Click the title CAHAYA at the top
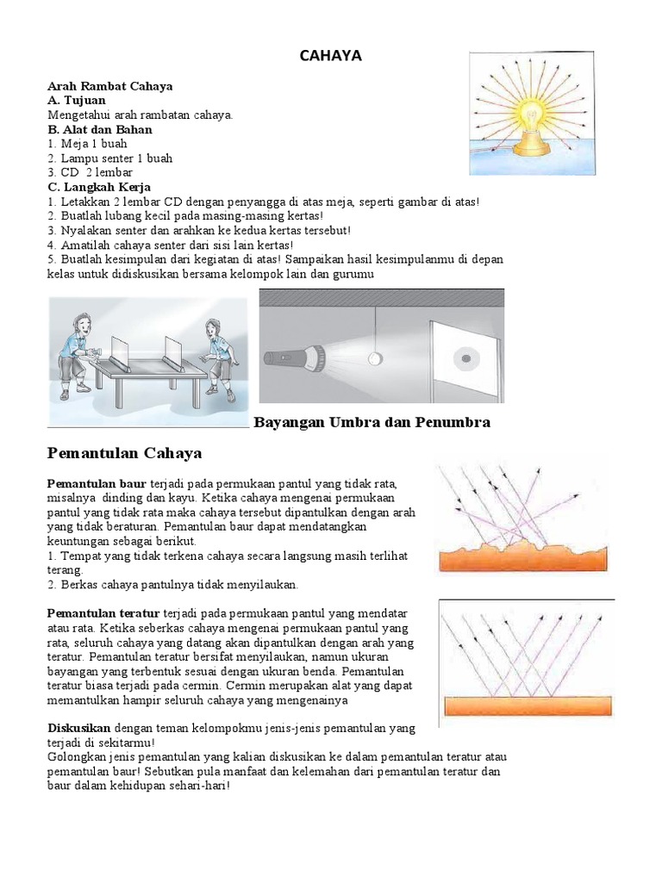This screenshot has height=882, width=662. coord(330,56)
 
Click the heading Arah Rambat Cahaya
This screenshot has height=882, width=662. coord(109,86)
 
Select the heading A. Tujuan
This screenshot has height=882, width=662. coord(77,101)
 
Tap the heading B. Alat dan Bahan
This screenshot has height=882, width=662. coord(100,129)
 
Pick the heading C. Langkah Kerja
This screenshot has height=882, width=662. coord(99,187)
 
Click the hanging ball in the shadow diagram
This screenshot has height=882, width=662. coord(374,357)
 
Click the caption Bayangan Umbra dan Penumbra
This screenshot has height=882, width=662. coord(372,422)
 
